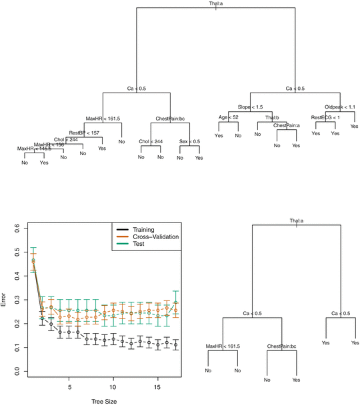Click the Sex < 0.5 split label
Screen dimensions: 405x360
click(189, 142)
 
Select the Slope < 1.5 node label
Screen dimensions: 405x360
click(250, 107)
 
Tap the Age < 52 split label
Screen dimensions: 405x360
click(227, 117)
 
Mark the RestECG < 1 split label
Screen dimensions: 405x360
click(325, 118)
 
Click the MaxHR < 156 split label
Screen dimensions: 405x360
click(49, 145)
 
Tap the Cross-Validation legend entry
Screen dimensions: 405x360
click(157, 236)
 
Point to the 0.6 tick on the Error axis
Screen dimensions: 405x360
click(17, 228)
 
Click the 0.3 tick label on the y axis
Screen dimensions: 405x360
click(17, 300)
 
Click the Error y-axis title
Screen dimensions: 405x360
click(5, 300)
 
